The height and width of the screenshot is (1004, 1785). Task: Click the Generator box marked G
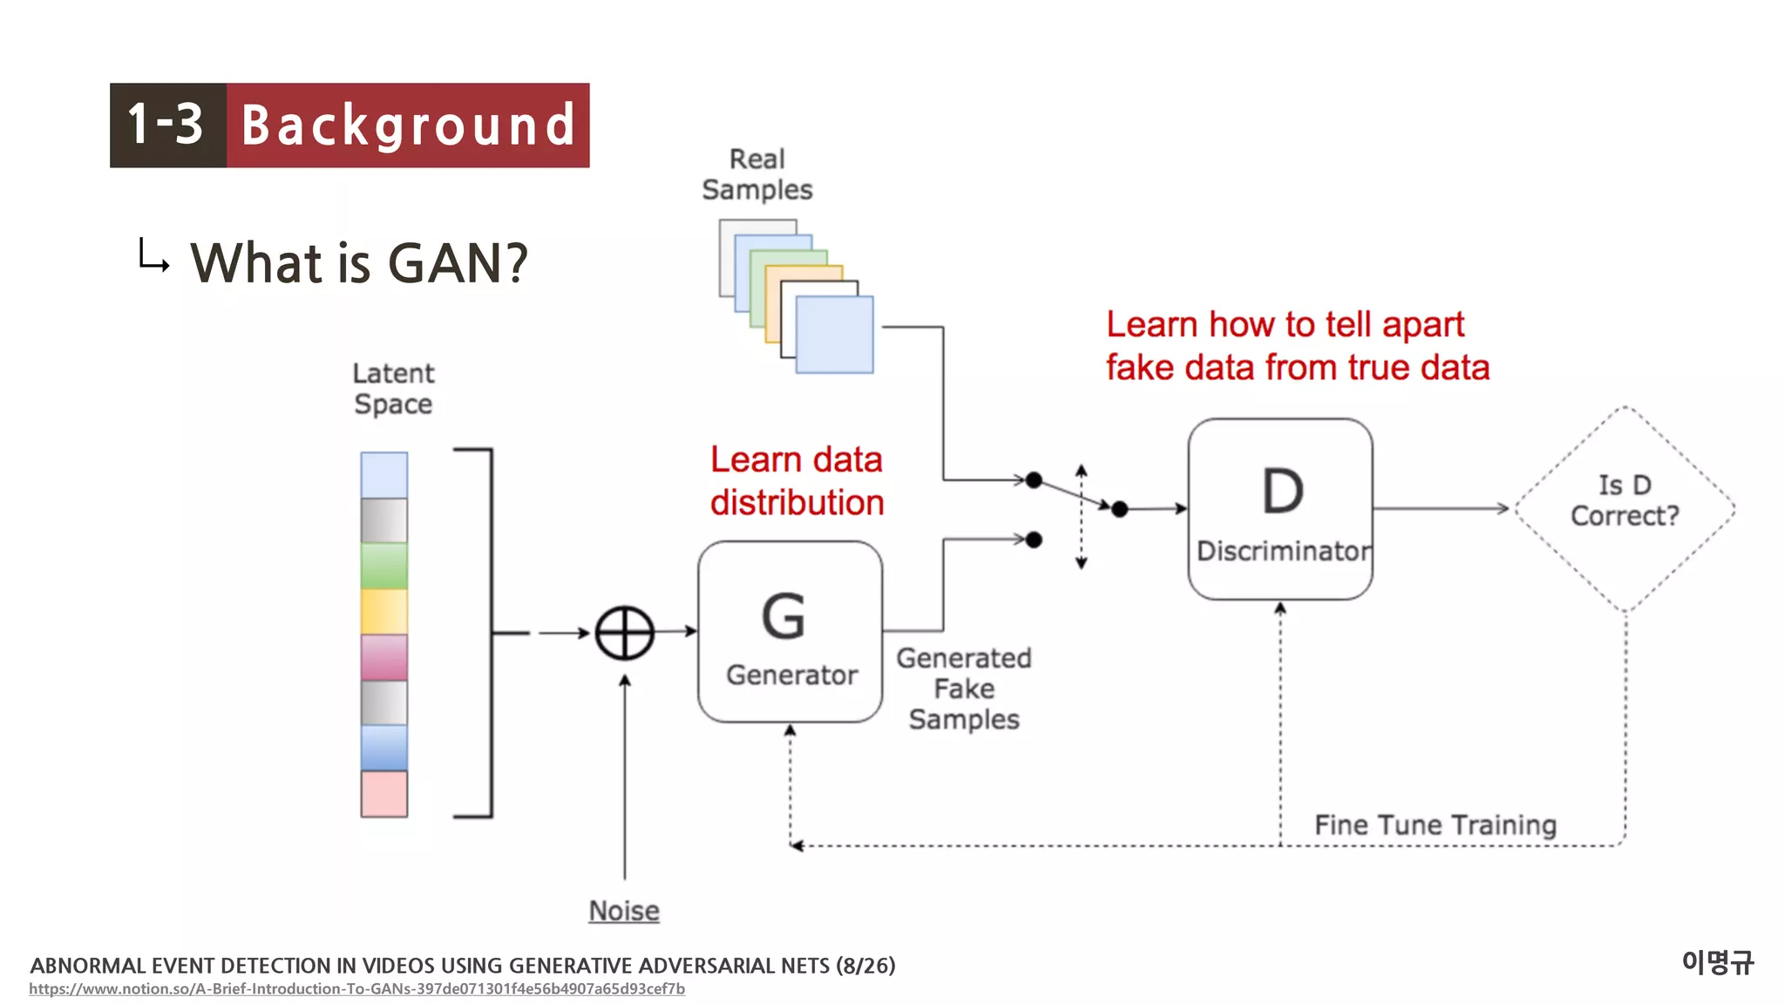pos(790,632)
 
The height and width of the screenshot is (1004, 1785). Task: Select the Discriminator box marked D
pos(1279,509)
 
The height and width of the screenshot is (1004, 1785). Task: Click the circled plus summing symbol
pos(625,633)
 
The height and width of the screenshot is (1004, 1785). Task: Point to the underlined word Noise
pos(624,911)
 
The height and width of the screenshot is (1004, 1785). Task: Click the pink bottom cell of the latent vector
pos(384,794)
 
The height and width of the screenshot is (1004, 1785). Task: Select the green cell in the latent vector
pos(384,566)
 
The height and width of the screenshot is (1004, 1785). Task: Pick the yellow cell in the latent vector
pos(384,611)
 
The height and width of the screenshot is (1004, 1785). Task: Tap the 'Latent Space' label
pos(393,389)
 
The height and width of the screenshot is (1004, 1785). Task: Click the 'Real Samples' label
pos(757,174)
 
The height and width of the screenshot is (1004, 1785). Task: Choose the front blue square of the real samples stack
pos(835,335)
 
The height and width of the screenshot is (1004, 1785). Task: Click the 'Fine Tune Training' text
pos(1435,824)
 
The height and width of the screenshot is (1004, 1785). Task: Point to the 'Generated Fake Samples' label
pos(964,689)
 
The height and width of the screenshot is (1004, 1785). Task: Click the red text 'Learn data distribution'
pos(797,481)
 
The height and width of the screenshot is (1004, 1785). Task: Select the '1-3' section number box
pos(167,125)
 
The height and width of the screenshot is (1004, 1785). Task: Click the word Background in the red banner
pos(408,125)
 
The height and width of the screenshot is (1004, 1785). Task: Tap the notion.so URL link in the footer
pos(356,989)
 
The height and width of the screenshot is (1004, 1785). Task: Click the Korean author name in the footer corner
pos(1717,962)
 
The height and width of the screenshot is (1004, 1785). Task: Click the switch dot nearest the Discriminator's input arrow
pos(1120,509)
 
